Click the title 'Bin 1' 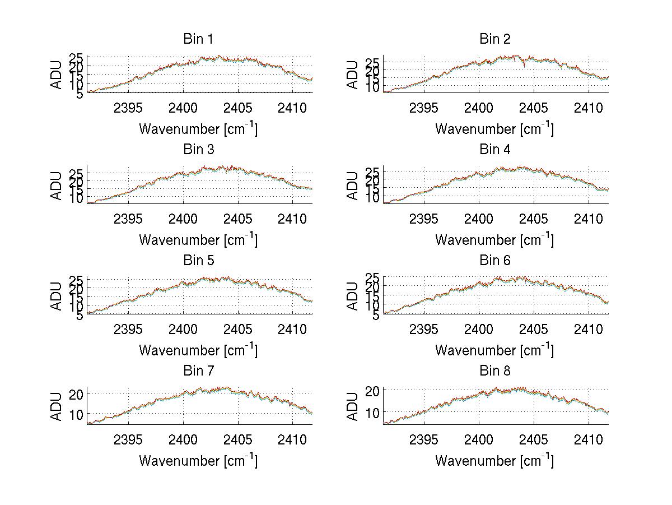pos(198,39)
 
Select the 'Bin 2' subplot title pos(494,39)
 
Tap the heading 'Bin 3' pos(198,150)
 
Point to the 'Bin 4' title pos(494,150)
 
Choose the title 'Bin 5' pos(198,261)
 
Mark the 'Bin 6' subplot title pos(494,261)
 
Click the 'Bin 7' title pos(198,371)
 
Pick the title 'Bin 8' pos(494,371)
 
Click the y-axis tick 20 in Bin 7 pos(76,394)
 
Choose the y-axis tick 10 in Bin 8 pos(372,413)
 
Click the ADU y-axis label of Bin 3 pos(57,186)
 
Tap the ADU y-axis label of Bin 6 pos(353,296)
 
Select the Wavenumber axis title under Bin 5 pos(198,350)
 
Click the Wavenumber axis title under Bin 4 pos(494,240)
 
